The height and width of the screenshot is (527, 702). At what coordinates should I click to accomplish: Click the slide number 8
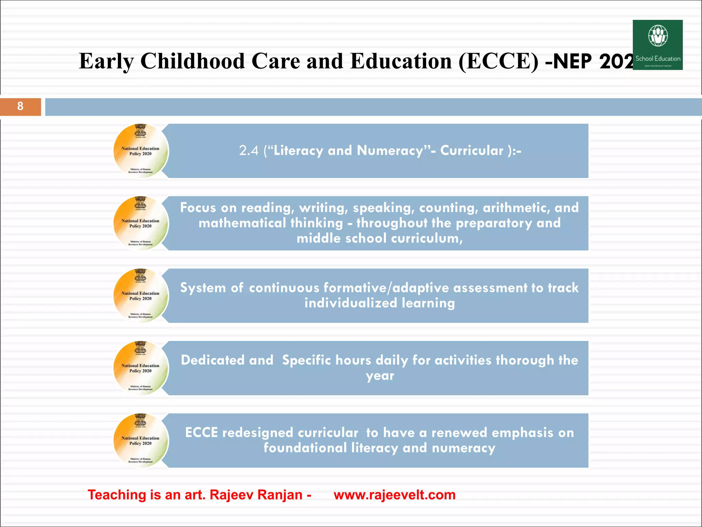[x=20, y=106]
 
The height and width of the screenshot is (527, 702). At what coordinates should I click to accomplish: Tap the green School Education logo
[x=657, y=45]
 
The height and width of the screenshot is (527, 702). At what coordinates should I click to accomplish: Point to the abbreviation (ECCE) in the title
[x=498, y=61]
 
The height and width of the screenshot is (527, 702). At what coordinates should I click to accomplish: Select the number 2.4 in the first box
[x=249, y=151]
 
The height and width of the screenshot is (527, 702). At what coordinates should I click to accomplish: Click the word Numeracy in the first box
[x=390, y=151]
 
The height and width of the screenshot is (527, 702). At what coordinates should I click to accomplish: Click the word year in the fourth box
[x=380, y=376]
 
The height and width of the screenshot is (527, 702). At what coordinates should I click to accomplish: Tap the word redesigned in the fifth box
[x=290, y=433]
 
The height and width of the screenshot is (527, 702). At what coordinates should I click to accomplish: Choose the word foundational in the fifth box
[x=305, y=448]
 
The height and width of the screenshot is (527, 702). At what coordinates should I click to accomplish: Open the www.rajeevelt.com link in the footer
[x=395, y=495]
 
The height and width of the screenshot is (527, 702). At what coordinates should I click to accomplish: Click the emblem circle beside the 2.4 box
[x=141, y=151]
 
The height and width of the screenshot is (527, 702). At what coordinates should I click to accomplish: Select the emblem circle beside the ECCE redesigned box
[x=141, y=440]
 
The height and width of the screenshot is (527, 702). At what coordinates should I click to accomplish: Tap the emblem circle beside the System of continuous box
[x=141, y=295]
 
